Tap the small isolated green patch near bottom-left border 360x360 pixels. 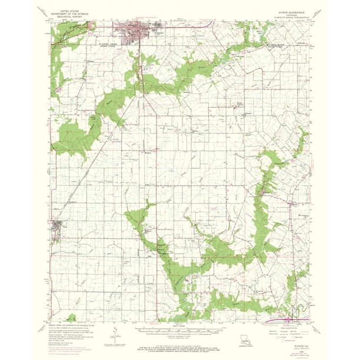[71, 318]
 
